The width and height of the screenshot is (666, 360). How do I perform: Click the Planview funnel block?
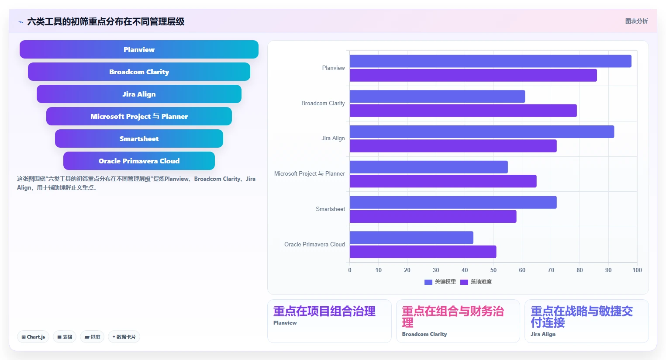139,49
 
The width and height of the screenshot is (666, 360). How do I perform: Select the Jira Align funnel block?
139,94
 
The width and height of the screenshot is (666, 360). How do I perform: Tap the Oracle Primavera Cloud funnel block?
139,161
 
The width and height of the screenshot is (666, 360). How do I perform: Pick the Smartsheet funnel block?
139,138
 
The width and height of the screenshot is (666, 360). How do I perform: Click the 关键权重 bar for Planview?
490,61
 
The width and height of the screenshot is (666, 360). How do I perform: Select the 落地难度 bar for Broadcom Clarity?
463,111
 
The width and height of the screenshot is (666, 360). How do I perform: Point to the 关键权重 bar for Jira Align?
482,132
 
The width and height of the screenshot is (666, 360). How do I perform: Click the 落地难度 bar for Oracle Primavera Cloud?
423,252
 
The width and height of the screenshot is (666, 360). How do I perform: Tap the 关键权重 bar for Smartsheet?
453,202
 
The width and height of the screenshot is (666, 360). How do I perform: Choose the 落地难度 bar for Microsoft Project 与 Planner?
443,181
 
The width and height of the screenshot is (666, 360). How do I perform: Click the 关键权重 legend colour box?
428,282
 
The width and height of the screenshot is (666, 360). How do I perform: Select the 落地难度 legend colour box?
464,282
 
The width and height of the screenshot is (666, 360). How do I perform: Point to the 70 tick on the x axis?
551,270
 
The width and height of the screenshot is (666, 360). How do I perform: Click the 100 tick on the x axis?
637,270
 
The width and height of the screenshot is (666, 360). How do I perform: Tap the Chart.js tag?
33,337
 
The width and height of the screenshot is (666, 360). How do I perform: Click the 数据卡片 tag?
124,337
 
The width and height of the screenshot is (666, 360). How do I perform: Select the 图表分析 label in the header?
636,21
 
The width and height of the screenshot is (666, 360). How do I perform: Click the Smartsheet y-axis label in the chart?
330,209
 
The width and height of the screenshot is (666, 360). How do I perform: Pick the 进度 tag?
92,337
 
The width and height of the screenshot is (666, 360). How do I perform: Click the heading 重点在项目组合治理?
324,312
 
